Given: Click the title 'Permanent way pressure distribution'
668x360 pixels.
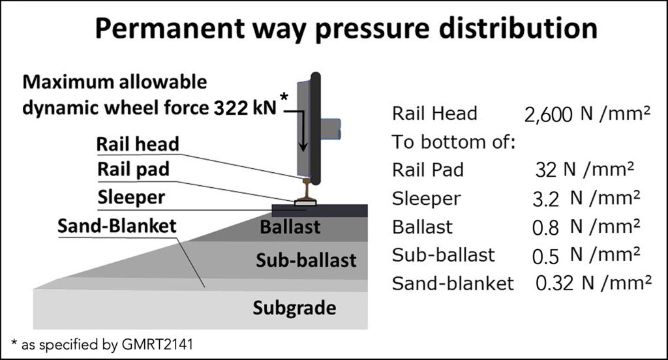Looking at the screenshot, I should coord(346,29).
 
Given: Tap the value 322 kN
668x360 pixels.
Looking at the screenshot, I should coord(245,109).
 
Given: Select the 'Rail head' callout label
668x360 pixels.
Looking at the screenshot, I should coord(137,143).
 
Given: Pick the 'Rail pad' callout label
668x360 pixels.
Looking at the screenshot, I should coord(133,170).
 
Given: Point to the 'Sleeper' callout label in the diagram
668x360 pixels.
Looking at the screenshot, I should coord(131,196).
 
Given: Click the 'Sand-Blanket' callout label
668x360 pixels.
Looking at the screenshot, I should coord(117,226).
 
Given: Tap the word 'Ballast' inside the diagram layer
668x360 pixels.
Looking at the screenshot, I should coord(290,228).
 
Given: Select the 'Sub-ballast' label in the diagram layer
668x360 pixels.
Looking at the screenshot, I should coord(306,260).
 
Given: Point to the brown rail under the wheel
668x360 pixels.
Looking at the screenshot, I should coord(305,190).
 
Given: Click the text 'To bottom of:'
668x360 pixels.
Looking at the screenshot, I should coord(454,142).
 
